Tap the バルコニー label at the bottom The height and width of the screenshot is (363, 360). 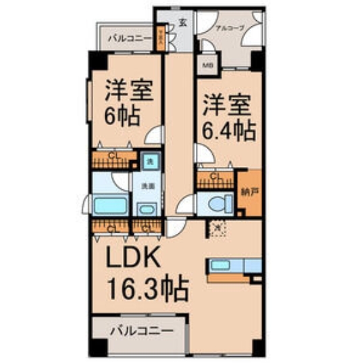[140, 332]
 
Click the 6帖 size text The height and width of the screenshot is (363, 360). [122, 116]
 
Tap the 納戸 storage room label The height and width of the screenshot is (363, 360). [249, 191]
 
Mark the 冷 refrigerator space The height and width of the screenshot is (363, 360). [217, 229]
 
